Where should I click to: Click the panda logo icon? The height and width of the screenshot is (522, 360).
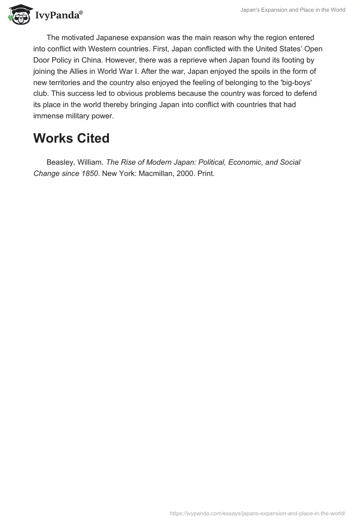[x=18, y=14]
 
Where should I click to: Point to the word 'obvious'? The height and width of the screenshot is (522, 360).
[x=146, y=93]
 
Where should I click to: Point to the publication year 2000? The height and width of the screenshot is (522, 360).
[x=184, y=173]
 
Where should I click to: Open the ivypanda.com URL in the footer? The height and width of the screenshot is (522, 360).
[x=257, y=513]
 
